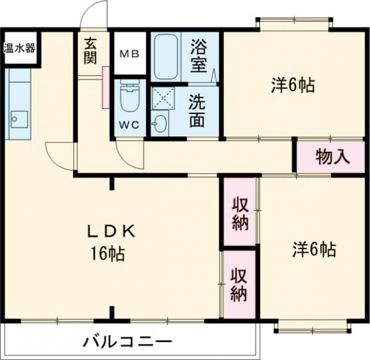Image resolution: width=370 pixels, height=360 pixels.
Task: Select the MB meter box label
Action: point(129,54)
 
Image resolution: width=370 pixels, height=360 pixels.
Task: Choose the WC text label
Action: point(129,124)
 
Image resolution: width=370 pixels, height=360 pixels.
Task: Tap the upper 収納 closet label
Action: point(239,213)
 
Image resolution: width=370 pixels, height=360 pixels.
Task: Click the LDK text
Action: point(112,232)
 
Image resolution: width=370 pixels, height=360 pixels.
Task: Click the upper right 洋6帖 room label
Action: point(293,86)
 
